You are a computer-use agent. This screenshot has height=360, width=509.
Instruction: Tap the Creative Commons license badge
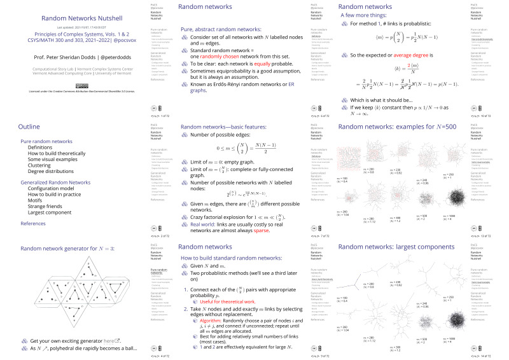78,84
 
